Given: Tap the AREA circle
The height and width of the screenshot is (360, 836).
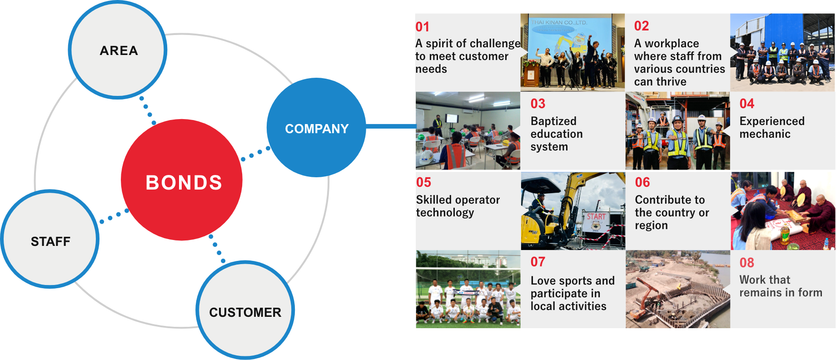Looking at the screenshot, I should tap(118, 50).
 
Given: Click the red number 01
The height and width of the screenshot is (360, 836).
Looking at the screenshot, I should tap(422, 27).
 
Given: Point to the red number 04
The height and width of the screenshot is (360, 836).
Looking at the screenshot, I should tap(746, 104).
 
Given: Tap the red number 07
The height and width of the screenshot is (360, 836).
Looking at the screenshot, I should tap(537, 262).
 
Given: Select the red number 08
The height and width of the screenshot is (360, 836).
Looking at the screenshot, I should tap(746, 263).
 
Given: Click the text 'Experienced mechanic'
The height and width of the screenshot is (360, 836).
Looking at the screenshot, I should tap(771, 127).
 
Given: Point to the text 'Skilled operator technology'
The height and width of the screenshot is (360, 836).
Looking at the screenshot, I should tap(458, 206).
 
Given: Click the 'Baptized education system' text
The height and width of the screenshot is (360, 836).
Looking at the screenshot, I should tap(556, 134).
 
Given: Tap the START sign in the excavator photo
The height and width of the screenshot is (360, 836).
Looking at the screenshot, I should tap(596, 217).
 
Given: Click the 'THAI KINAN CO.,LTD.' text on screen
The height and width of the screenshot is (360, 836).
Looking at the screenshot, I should tap(559, 22).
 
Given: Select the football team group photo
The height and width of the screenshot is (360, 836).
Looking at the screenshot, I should tap(468, 289).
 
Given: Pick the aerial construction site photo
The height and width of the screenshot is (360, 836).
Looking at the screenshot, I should tap(677, 289).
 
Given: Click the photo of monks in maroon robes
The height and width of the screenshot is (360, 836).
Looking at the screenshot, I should tap(782, 210).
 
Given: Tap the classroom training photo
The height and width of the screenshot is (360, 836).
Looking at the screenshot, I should tap(468, 131).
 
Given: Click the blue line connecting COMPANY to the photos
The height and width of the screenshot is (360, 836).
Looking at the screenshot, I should tap(391, 126).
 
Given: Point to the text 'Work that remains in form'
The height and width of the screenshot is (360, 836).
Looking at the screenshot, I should tap(781, 286).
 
